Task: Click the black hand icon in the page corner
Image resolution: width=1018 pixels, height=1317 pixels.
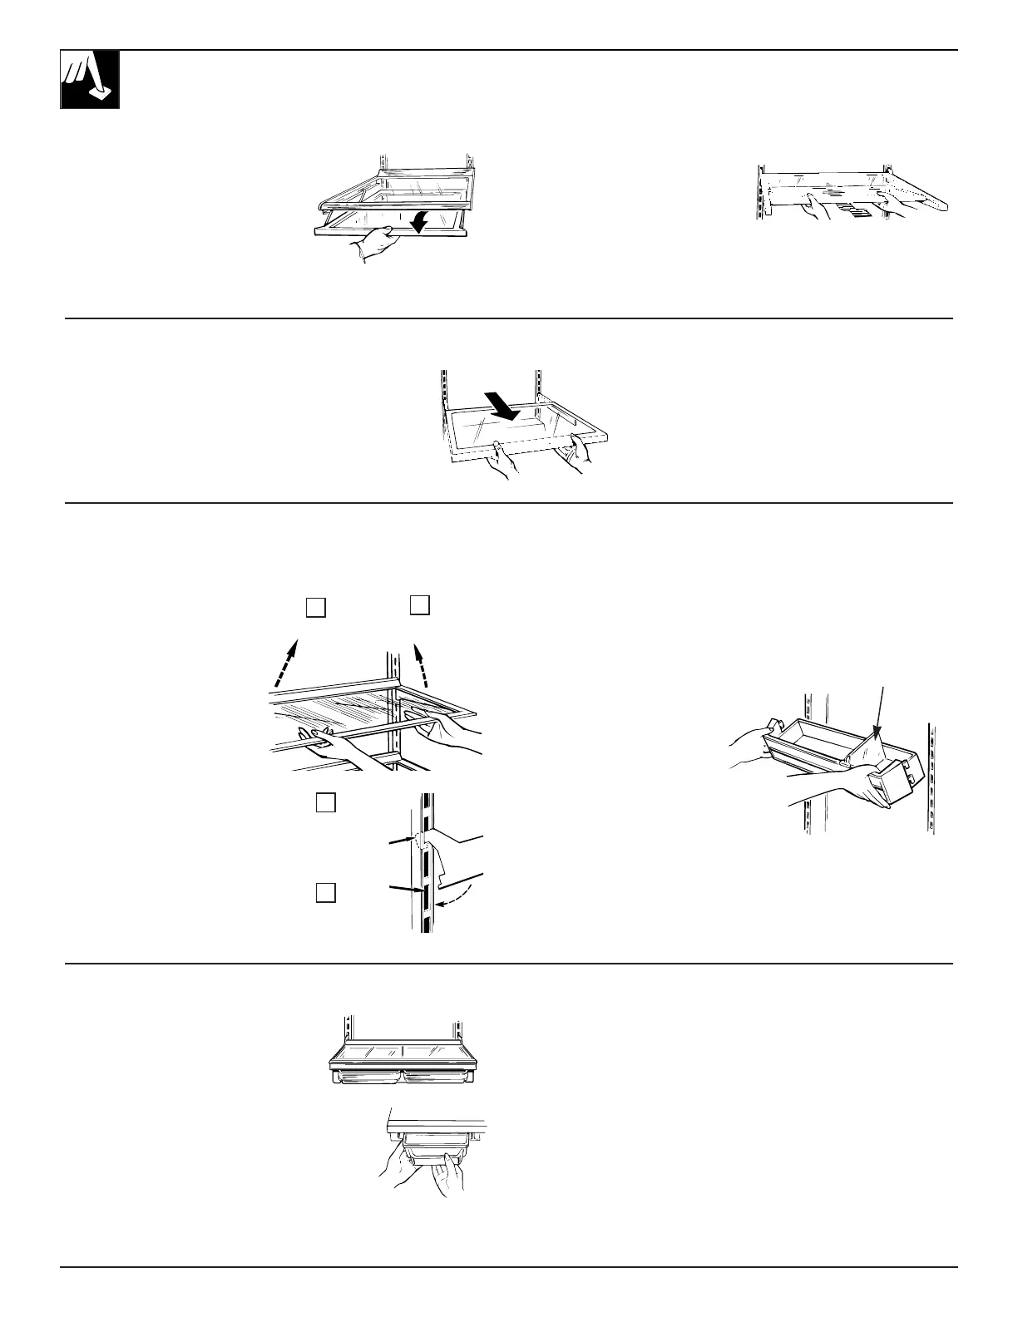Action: pos(89,79)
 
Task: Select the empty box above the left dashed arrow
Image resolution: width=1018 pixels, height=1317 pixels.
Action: pos(314,608)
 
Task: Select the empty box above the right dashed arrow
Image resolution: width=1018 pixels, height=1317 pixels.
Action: pos(420,605)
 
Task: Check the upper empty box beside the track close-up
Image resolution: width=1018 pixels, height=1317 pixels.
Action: pos(326,803)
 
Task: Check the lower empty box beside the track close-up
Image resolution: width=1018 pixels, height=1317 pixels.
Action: pos(326,893)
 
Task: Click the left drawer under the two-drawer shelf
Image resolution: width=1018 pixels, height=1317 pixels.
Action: pos(366,1077)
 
